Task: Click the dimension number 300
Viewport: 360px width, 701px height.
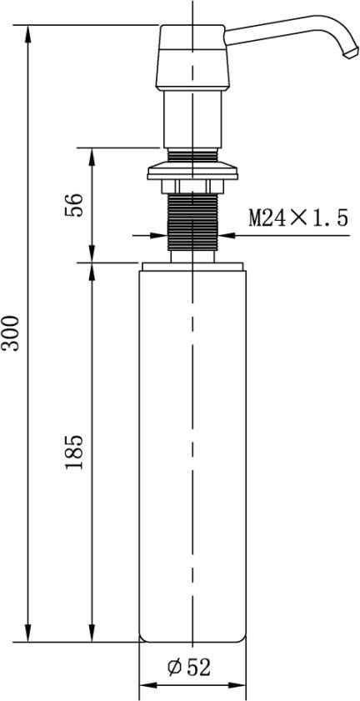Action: coord(10,333)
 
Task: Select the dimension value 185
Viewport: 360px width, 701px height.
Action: coord(74,452)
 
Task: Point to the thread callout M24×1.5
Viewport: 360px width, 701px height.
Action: coord(298,218)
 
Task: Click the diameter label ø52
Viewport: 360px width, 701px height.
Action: coord(189,668)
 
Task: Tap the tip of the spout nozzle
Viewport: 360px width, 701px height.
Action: coord(351,53)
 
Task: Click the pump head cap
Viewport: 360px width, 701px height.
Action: coord(192,58)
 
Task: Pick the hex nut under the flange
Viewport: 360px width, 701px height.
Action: coord(192,187)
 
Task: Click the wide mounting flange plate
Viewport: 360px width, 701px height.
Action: coord(192,170)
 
